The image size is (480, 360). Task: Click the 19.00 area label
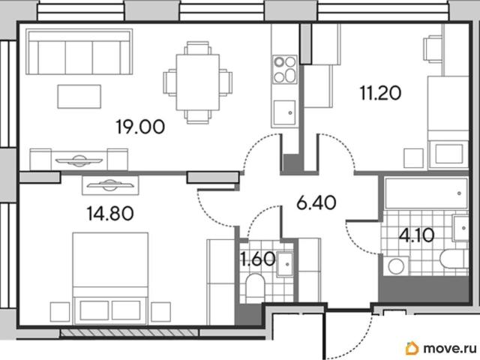(140, 127)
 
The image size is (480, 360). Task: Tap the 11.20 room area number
(380, 93)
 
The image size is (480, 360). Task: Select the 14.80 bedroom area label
(110, 213)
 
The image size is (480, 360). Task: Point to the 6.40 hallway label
(316, 203)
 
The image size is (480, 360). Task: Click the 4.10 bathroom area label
(417, 235)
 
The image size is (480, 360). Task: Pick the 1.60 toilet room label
(258, 259)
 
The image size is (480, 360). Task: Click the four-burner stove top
(285, 69)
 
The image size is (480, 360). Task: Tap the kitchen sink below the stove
(284, 112)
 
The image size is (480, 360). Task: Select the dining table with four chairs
(198, 82)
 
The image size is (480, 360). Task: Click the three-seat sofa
(79, 52)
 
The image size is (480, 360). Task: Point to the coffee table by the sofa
(79, 97)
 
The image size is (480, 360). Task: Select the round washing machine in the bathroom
(396, 265)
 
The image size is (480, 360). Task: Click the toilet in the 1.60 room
(255, 285)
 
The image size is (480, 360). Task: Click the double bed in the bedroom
(110, 278)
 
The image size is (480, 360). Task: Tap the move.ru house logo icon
(412, 348)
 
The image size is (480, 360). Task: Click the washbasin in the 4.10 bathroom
(460, 228)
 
